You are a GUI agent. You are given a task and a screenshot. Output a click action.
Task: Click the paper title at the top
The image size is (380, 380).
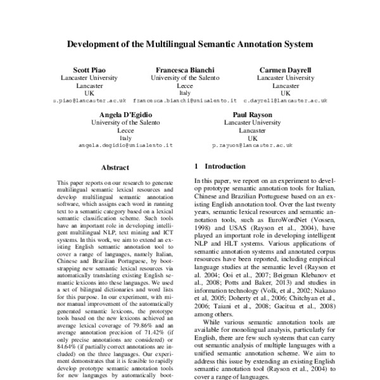pos(190,46)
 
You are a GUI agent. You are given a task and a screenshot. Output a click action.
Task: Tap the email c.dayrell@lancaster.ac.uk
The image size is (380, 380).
pos(285,101)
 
